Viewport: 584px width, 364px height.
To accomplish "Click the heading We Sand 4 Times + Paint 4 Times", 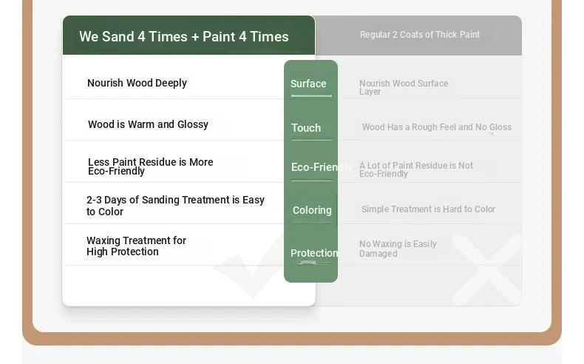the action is [183, 36].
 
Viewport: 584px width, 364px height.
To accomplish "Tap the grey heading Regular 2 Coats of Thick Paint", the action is [420, 35].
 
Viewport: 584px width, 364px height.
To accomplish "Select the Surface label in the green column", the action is [308, 84].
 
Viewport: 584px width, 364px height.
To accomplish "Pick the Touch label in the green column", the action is [306, 128].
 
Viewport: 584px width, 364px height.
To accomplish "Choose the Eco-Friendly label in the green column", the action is [322, 167].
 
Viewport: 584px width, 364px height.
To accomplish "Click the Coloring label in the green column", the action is [312, 210].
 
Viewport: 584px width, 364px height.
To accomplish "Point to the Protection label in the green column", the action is [314, 253].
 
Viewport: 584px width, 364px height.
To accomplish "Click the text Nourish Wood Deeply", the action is [137, 83].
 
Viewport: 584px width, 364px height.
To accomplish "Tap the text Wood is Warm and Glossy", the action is [148, 124].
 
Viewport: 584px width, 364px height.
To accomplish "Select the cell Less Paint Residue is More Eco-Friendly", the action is [151, 166].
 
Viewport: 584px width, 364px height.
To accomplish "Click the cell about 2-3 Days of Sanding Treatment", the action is [175, 206].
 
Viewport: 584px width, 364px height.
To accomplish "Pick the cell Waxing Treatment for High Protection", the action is [136, 246].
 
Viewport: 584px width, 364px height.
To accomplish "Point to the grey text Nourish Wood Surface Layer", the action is [404, 87].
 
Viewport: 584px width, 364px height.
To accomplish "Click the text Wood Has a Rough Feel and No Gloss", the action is [437, 127].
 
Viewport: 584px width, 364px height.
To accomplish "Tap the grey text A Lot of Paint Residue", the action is [416, 169].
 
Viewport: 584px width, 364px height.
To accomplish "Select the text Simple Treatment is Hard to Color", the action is [428, 209].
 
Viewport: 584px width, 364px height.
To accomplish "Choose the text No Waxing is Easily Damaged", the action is [398, 249].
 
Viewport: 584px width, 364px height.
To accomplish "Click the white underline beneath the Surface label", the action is [311, 95].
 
